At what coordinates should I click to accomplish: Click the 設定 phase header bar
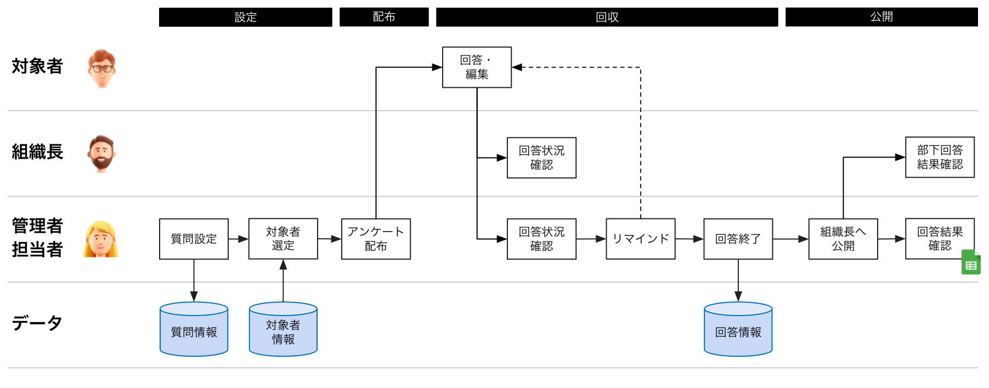coord(245,17)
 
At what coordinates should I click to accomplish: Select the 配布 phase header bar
coord(384,17)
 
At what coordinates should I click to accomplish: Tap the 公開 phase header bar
coord(881,17)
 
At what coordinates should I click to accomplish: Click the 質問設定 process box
coord(194,239)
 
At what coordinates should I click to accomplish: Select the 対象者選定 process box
coord(283,239)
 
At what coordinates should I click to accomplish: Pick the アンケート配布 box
coord(376,239)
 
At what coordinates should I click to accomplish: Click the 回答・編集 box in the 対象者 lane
coord(477,67)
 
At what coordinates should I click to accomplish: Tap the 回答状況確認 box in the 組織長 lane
coord(541,158)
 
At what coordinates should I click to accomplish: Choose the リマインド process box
coord(640,239)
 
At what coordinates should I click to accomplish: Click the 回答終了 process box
coord(738,239)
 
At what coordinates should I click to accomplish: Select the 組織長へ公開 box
coord(843,239)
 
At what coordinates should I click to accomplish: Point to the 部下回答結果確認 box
coord(940,157)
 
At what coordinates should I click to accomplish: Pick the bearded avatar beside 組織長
coord(101,154)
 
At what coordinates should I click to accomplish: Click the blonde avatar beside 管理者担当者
coord(100,239)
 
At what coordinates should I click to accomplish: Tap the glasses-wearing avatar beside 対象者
coord(101,68)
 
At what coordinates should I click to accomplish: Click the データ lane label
coord(37,323)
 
